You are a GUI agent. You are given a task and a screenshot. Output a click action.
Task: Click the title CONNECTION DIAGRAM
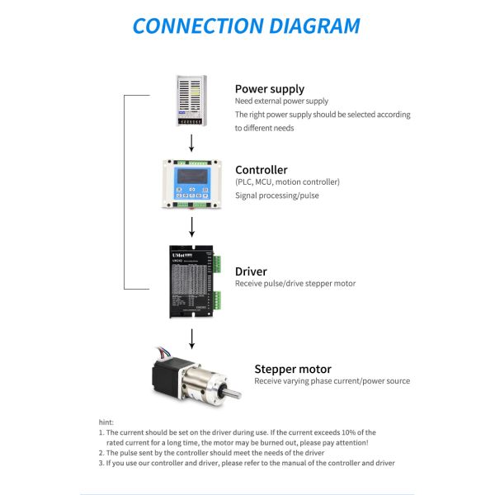tap(246, 26)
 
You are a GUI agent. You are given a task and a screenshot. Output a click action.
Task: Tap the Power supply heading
tap(269, 89)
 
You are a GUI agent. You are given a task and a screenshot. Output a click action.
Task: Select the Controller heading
tap(261, 170)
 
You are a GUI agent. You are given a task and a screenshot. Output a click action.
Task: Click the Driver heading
tap(251, 271)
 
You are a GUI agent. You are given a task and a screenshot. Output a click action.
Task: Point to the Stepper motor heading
tap(292, 369)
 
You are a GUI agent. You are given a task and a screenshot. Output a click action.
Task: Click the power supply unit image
tap(192, 101)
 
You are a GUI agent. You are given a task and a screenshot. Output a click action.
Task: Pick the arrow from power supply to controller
tap(192, 142)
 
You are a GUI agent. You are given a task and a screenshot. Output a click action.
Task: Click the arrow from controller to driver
tap(192, 224)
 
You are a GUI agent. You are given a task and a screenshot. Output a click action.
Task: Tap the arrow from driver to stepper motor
tap(192, 337)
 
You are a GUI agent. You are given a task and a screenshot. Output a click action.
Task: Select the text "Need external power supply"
tap(281, 101)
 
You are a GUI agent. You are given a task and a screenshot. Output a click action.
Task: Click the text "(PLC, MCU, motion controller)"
tap(287, 182)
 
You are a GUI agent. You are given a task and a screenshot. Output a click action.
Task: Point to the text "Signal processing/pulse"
tap(276, 196)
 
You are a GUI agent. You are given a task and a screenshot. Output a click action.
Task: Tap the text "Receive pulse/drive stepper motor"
tap(295, 284)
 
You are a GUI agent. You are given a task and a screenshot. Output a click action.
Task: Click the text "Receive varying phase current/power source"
tap(332, 381)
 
